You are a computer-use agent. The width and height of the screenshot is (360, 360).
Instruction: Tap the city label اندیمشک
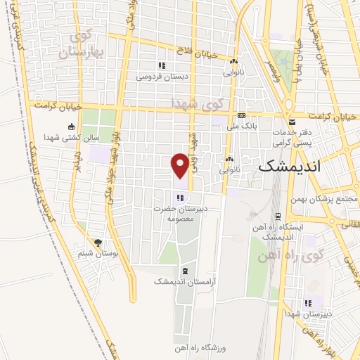click(x=289, y=167)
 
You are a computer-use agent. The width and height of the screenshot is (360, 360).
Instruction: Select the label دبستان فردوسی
click(x=159, y=76)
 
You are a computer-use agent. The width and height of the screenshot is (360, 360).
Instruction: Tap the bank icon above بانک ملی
click(x=241, y=115)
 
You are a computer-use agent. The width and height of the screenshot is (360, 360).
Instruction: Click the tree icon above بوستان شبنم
click(x=98, y=242)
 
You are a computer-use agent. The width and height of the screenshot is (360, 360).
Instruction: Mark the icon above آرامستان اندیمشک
click(x=184, y=271)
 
